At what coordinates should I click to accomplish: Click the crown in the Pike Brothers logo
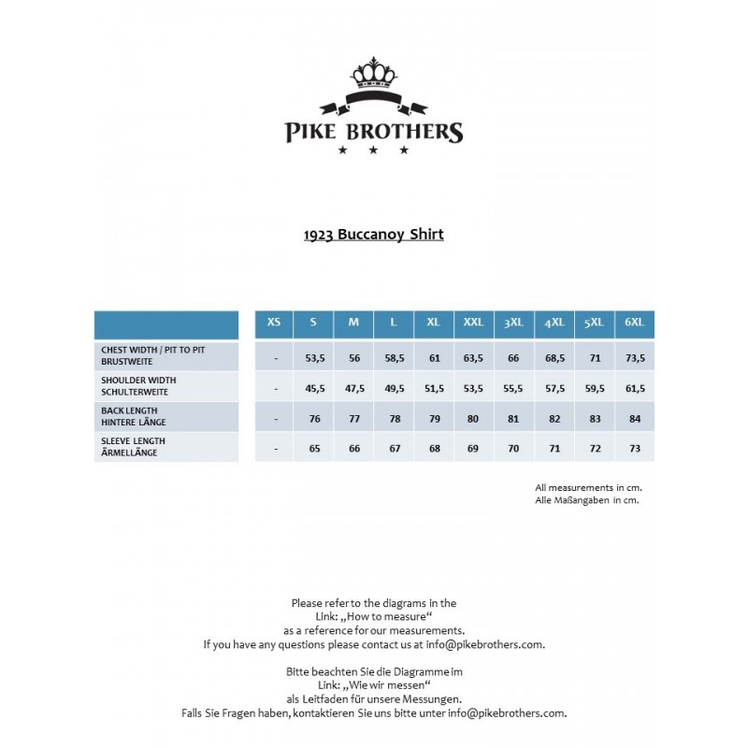(x=373, y=72)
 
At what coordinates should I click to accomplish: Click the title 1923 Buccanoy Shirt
(x=373, y=235)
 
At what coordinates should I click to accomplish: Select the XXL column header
(x=473, y=323)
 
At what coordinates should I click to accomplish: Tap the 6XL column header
(x=635, y=323)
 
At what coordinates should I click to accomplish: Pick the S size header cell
(x=313, y=323)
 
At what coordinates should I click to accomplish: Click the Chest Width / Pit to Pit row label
(x=153, y=354)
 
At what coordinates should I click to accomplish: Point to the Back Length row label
(x=130, y=416)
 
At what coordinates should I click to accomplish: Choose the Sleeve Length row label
(x=134, y=447)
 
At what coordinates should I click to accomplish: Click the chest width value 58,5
(x=394, y=358)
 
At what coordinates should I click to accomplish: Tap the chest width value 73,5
(x=635, y=358)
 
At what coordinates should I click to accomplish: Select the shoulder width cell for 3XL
(x=513, y=388)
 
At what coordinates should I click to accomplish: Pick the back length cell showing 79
(x=434, y=419)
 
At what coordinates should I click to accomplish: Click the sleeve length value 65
(x=314, y=449)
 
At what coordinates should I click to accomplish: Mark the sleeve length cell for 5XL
(x=595, y=449)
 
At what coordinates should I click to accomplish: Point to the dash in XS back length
(x=276, y=419)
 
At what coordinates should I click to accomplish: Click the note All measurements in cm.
(x=588, y=487)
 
